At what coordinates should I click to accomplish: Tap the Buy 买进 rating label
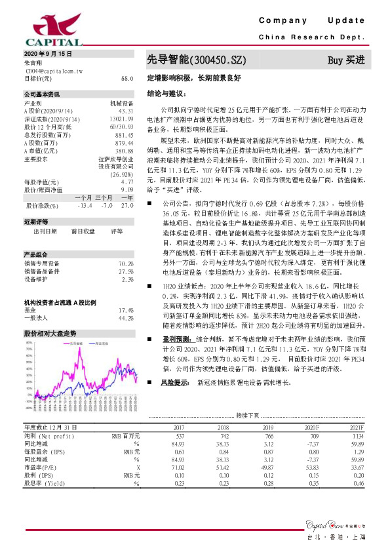coord(345,60)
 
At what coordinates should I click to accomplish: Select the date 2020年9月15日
coord(49,53)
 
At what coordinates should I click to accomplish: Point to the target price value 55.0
coord(127,78)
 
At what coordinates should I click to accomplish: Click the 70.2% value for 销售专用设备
coord(126,262)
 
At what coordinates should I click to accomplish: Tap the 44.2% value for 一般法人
coord(126,317)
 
